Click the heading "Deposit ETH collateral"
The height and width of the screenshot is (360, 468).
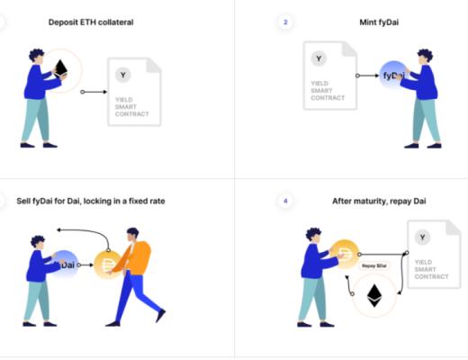91,22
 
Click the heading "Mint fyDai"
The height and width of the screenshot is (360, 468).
379,22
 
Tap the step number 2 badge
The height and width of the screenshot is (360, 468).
285,22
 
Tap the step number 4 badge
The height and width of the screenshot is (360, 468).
285,201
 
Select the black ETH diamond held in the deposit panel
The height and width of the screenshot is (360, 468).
61,68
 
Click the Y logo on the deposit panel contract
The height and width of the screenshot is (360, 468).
123,75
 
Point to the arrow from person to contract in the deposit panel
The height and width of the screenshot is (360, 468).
94,92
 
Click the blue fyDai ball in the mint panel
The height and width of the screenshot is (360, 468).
392,75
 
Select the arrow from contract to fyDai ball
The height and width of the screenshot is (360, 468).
367,76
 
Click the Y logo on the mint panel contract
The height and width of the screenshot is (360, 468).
319,58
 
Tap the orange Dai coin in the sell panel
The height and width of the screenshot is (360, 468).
107,265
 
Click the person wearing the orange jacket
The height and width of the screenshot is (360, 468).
135,276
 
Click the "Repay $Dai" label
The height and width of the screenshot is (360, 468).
374,265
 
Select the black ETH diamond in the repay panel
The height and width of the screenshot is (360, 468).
374,295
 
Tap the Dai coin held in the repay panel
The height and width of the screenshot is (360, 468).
345,254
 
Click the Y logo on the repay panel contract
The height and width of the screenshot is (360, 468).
422,238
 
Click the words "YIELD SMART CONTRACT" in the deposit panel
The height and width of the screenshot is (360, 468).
132,107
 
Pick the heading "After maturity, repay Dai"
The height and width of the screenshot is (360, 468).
379,201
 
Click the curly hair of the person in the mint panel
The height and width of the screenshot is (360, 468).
426,56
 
